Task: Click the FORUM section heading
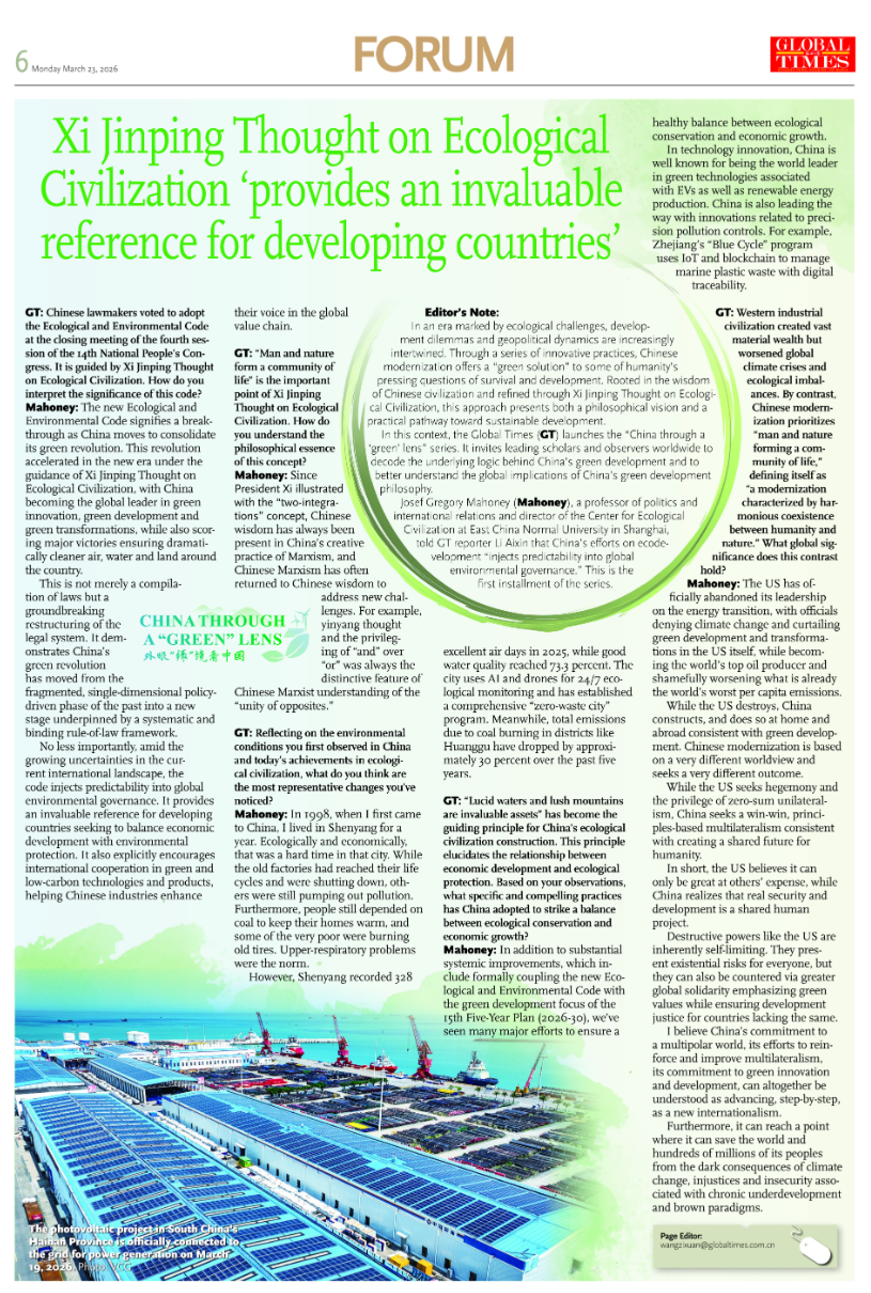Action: click(x=434, y=55)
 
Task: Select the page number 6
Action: click(x=21, y=62)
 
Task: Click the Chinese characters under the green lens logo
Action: click(x=194, y=656)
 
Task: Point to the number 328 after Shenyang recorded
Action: click(x=403, y=976)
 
